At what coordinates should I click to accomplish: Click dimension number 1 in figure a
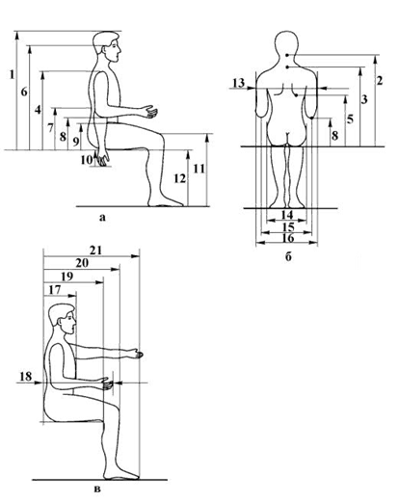13,75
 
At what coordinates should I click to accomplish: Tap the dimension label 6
24,92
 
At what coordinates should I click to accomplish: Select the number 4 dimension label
39,110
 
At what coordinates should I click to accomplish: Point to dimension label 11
199,169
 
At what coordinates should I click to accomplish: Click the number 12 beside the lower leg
180,178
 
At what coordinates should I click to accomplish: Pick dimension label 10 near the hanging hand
87,160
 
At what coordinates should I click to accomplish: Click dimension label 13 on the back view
238,83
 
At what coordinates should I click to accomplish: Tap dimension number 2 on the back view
380,80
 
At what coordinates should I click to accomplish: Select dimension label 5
350,119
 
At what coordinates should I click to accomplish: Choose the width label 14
287,215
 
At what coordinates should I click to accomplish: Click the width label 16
287,238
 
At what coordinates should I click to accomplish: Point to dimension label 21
95,251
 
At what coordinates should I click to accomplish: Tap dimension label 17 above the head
55,290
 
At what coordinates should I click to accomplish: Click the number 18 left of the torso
26,376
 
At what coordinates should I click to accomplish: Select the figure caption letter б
288,257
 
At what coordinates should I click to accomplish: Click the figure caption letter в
98,489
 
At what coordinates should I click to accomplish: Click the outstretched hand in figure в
137,354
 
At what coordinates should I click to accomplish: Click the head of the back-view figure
286,44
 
